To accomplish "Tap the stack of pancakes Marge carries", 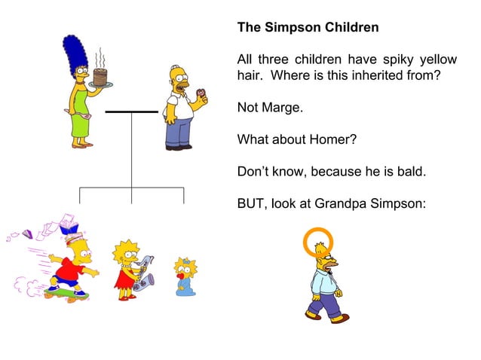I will click(101, 77).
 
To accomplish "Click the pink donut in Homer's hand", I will click(201, 95).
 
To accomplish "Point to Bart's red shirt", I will click(71, 270).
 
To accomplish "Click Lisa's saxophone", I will click(142, 275).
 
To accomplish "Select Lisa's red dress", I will click(124, 279).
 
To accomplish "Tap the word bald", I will click(410, 172).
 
